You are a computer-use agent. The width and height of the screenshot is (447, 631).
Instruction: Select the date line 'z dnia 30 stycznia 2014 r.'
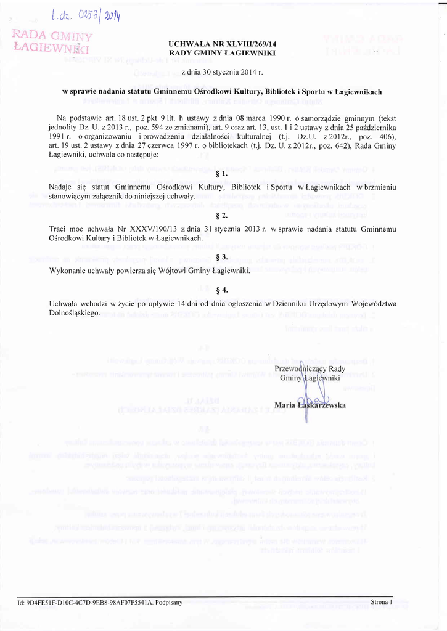(x=222, y=72)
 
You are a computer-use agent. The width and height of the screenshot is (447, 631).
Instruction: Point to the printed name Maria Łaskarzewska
(x=310, y=405)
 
